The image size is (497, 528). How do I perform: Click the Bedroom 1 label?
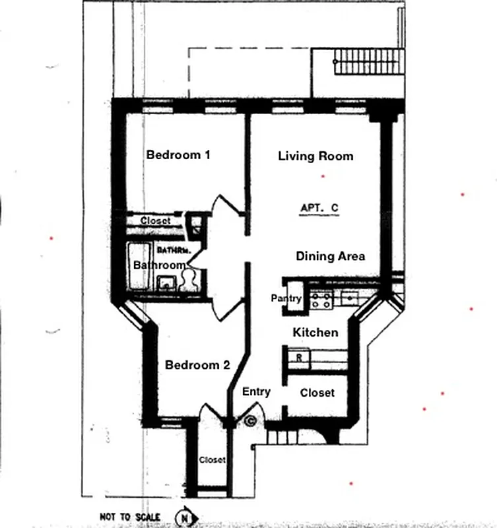tap(178, 155)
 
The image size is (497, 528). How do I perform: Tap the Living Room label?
tap(315, 156)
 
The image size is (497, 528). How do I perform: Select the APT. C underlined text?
tap(319, 208)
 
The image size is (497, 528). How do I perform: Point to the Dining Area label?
tap(330, 256)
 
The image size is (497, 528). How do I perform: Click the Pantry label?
tap(286, 299)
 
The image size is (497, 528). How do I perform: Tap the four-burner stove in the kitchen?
tap(321, 300)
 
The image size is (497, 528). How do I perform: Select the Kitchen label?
tap(315, 333)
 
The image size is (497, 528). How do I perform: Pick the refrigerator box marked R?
tap(299, 358)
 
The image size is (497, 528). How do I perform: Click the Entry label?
tap(256, 391)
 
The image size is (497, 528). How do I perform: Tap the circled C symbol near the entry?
tap(250, 419)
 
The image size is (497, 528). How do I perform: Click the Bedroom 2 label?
tap(197, 365)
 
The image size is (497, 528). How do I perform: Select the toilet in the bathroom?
tap(187, 279)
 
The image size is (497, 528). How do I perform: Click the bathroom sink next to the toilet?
tap(166, 282)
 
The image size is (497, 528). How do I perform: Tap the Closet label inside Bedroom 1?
tap(155, 221)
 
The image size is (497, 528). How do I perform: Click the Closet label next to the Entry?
tap(317, 393)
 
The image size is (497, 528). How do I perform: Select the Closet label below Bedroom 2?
tap(212, 459)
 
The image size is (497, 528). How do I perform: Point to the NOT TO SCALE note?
tap(129, 517)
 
